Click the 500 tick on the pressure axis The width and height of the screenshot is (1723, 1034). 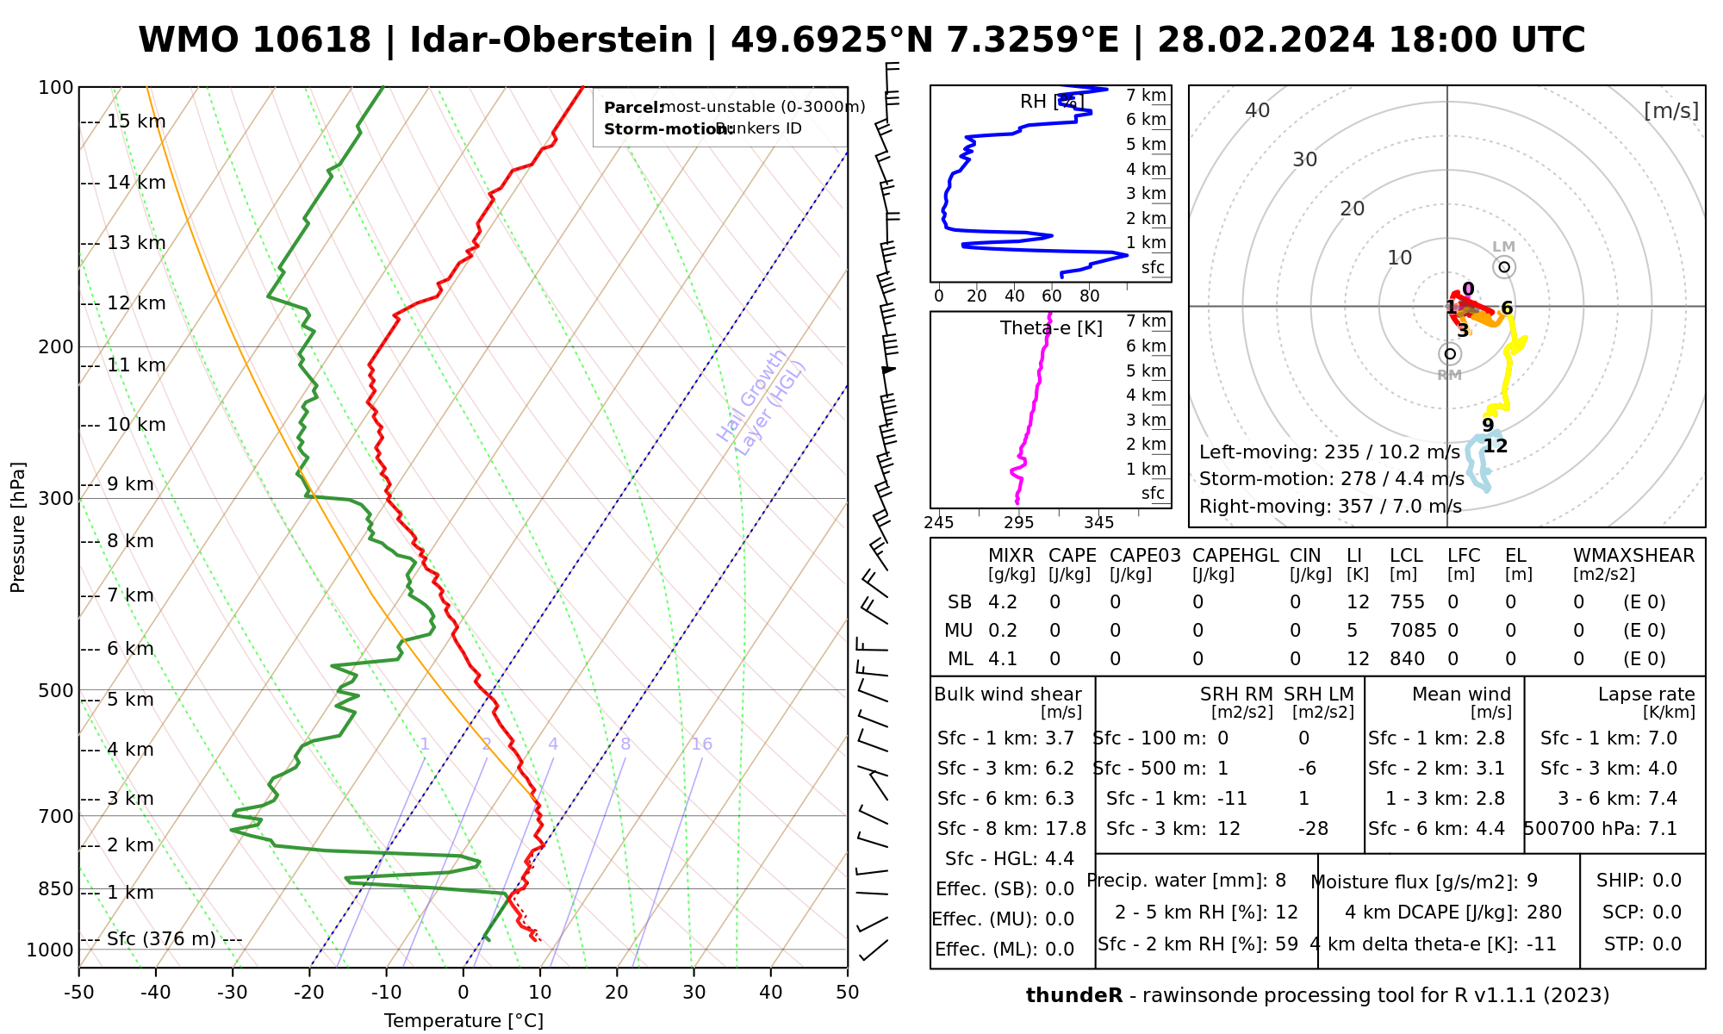pos(56,690)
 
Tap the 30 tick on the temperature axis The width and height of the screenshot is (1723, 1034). pos(694,993)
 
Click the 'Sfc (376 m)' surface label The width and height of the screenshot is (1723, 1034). pos(161,938)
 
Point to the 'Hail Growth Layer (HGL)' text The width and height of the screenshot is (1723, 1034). pos(762,402)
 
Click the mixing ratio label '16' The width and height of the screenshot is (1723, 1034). pos(701,744)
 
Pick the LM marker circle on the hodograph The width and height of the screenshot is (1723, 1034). pos(1504,267)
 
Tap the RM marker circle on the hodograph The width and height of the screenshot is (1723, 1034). pos(1450,353)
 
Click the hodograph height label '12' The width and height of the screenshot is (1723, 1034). pos(1496,446)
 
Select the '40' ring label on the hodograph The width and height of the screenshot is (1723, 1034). pos(1258,110)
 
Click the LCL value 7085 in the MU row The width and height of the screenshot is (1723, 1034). pos(1413,631)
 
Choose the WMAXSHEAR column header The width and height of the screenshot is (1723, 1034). pos(1633,556)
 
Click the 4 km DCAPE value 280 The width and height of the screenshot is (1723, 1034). pos(1544,913)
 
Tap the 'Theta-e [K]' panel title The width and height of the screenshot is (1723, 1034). pos(1051,328)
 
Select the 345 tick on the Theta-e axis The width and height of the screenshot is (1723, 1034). pos(1098,523)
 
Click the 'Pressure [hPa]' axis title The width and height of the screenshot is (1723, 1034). pos(18,527)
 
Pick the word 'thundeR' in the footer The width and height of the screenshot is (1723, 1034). pos(1073,996)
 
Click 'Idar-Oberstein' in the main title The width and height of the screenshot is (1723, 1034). pos(550,40)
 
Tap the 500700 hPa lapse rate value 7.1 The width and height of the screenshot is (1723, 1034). pos(1662,829)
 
